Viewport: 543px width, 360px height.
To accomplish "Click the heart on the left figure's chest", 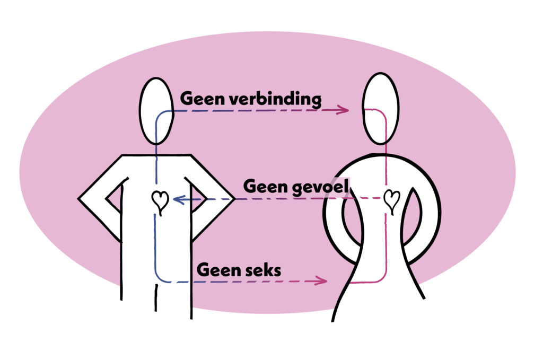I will click(160, 200).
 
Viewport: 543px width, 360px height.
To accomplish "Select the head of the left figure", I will click(157, 111).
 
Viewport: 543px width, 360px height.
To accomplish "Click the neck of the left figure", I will click(157, 150).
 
